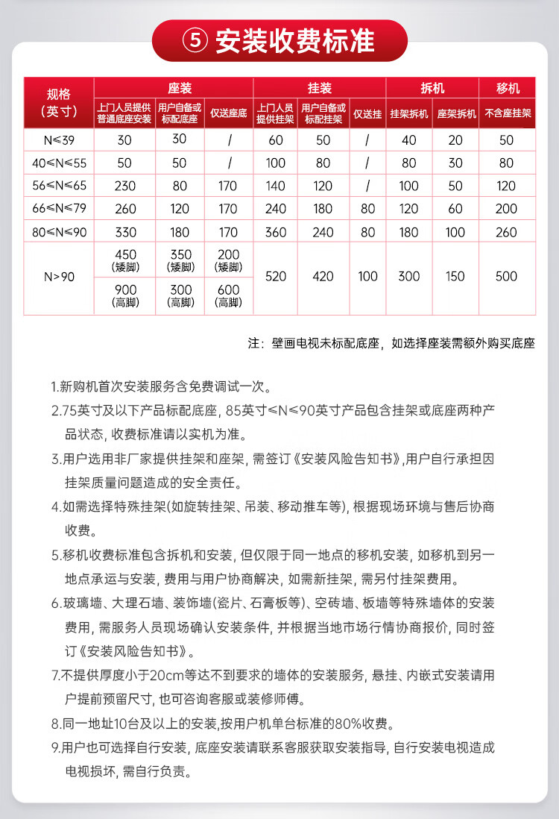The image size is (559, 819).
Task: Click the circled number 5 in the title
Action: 196,41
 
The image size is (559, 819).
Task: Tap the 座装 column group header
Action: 173,87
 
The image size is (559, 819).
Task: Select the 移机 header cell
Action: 508,87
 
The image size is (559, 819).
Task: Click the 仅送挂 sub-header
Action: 367,113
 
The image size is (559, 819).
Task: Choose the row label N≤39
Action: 58,140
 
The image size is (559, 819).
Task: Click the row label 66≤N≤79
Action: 58,210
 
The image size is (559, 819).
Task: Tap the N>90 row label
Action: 58,277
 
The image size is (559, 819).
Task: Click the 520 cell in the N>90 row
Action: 276,277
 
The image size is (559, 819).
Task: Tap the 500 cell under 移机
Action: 506,277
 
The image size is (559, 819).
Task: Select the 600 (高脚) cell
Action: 229,295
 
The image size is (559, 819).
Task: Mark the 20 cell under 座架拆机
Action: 455,140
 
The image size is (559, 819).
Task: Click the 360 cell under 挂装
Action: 276,232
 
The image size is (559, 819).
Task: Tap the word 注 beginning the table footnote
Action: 254,344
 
